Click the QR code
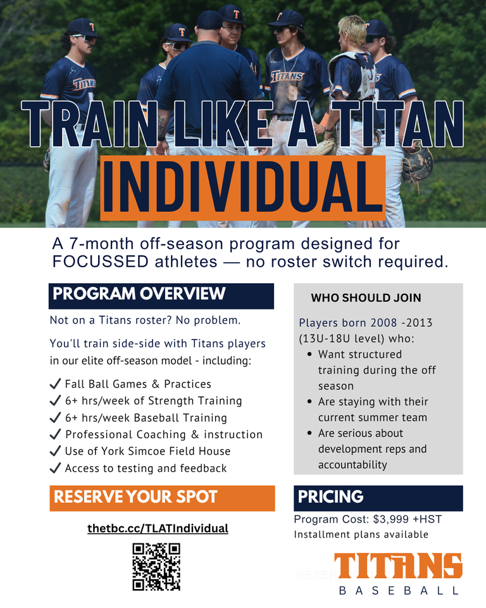tap(156, 566)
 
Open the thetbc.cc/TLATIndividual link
tap(158, 528)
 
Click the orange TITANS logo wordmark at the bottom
tap(398, 566)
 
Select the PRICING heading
tap(330, 497)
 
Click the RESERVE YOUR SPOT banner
tap(162, 498)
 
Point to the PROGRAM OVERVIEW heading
tap(139, 293)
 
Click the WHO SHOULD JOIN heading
tap(366, 298)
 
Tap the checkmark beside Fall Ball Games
tap(56, 384)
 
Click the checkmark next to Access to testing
tap(56, 467)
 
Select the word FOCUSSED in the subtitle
tap(101, 262)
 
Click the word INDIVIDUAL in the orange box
tap(242, 187)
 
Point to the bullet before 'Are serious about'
tap(309, 433)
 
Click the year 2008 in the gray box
tap(383, 322)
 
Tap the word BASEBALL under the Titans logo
tap(399, 590)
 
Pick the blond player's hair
tap(352, 28)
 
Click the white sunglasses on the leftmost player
tap(85, 39)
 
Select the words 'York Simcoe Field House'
tap(166, 451)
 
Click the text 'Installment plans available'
tap(361, 535)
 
